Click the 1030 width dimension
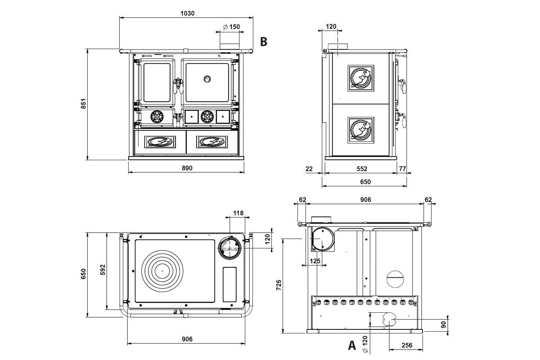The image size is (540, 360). pyautogui.click(x=187, y=13)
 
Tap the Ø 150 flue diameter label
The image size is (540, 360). pyautogui.click(x=231, y=27)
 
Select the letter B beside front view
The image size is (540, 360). pyautogui.click(x=264, y=42)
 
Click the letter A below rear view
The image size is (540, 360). pyautogui.click(x=352, y=346)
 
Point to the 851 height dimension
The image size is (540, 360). pyautogui.click(x=83, y=104)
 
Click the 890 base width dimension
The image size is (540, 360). pyautogui.click(x=187, y=168)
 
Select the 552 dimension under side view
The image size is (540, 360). pyautogui.click(x=362, y=169)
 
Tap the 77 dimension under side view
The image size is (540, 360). pyautogui.click(x=402, y=169)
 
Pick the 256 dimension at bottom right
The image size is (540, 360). pyautogui.click(x=406, y=345)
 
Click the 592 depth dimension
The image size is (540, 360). pyautogui.click(x=103, y=270)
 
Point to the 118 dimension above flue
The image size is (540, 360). pyautogui.click(x=238, y=213)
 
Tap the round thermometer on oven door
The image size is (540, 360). pyautogui.click(x=207, y=79)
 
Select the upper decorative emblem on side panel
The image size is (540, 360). pyautogui.click(x=361, y=78)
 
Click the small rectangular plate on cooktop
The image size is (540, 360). pyautogui.click(x=229, y=284)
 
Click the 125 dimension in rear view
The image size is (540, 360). pyautogui.click(x=315, y=261)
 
